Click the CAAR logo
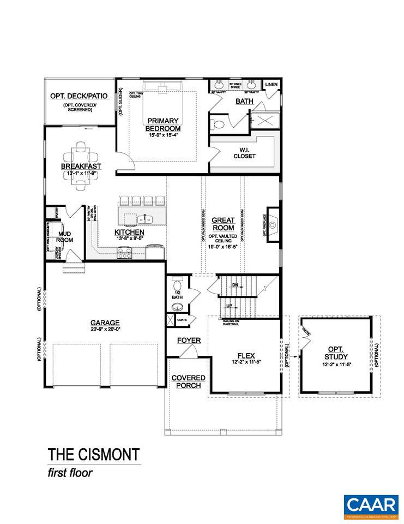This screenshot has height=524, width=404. (x=370, y=507)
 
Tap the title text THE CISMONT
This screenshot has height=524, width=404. (x=93, y=455)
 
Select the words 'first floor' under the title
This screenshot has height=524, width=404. (x=70, y=473)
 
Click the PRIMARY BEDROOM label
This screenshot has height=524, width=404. (x=163, y=124)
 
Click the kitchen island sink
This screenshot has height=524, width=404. (x=144, y=219)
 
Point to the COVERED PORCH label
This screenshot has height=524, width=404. (x=188, y=382)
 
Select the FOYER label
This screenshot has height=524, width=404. (x=189, y=341)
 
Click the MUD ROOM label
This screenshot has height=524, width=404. (x=64, y=237)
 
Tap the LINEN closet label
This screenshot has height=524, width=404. (x=271, y=85)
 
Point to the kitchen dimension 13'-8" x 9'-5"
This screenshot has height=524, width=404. (x=129, y=239)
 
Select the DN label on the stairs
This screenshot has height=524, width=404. (x=235, y=285)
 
